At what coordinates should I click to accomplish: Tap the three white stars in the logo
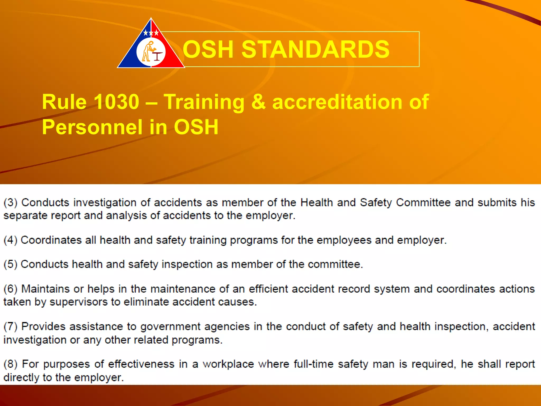tap(151, 33)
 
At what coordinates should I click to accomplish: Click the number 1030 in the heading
tap(116, 102)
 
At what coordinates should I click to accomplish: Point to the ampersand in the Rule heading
tap(258, 102)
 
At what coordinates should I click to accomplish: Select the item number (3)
tap(10, 203)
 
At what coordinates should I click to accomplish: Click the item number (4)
tap(10, 240)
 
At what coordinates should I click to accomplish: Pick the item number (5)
tap(10, 264)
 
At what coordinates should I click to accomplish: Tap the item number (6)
tap(10, 289)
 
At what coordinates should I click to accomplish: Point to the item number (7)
tap(10, 327)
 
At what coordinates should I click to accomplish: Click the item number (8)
tap(10, 364)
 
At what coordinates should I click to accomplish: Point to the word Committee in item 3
tap(423, 203)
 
